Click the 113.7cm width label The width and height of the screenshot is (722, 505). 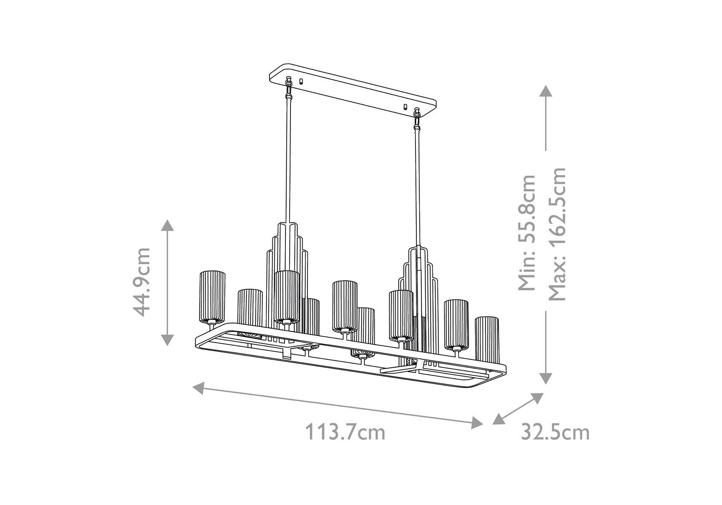[x=345, y=432]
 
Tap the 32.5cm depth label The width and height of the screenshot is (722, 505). [x=555, y=432]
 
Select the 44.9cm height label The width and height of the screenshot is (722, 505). [x=141, y=282]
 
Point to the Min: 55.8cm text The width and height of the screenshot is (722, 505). [x=527, y=233]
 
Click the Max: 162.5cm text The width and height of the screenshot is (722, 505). [x=557, y=234]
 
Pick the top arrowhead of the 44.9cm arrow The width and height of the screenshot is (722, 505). [x=168, y=226]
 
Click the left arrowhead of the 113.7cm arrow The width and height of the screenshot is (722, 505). [x=199, y=388]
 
